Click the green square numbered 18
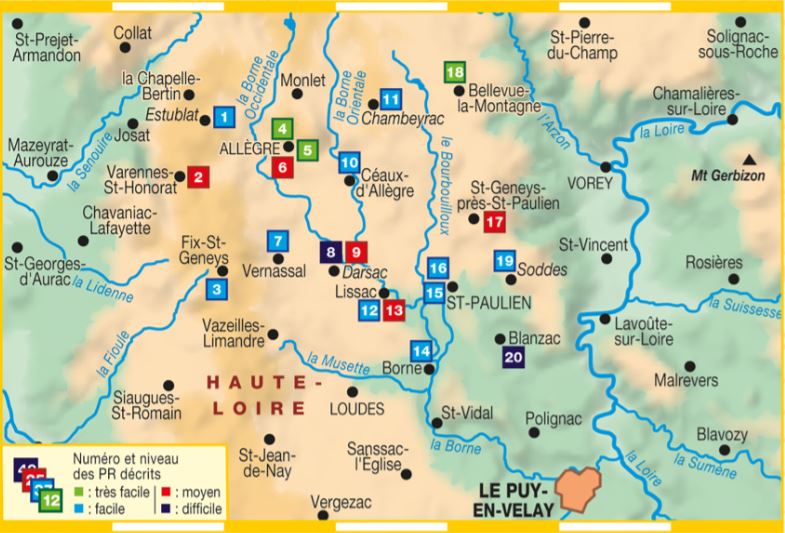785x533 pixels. pyautogui.click(x=455, y=72)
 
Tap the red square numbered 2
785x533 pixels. pyautogui.click(x=198, y=178)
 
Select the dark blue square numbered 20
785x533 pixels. pyautogui.click(x=514, y=358)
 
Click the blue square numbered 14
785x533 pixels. pyautogui.click(x=423, y=351)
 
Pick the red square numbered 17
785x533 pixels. pyautogui.click(x=494, y=222)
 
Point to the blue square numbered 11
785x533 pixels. pyautogui.click(x=391, y=99)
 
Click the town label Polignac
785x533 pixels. pyautogui.click(x=556, y=422)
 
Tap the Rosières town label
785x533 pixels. pyautogui.click(x=714, y=262)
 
